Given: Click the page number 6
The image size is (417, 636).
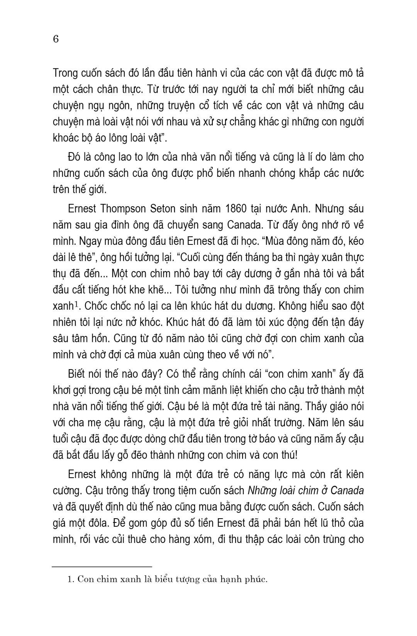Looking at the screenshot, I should (56, 39).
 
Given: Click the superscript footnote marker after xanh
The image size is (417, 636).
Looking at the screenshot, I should (76, 304).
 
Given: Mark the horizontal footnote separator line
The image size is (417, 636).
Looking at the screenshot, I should (102, 566).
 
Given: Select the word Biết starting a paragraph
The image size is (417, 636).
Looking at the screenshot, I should (79, 374).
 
